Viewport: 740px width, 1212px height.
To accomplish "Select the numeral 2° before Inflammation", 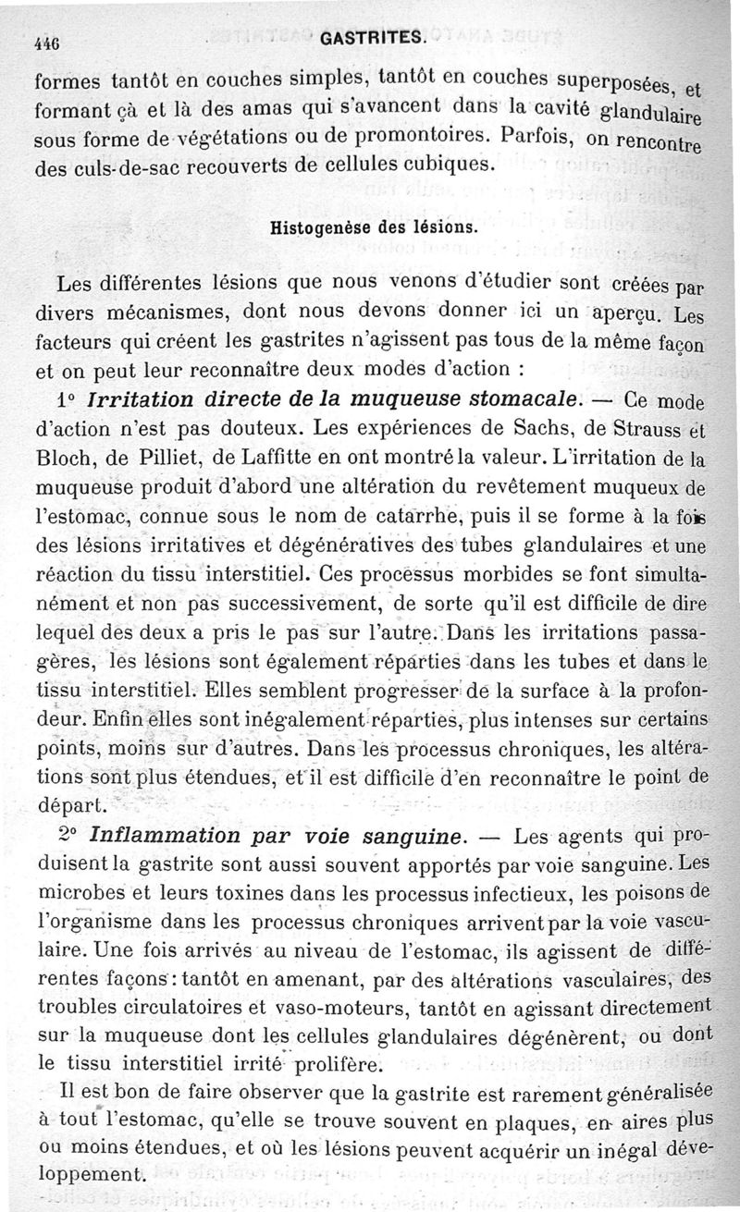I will pyautogui.click(x=68, y=836).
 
